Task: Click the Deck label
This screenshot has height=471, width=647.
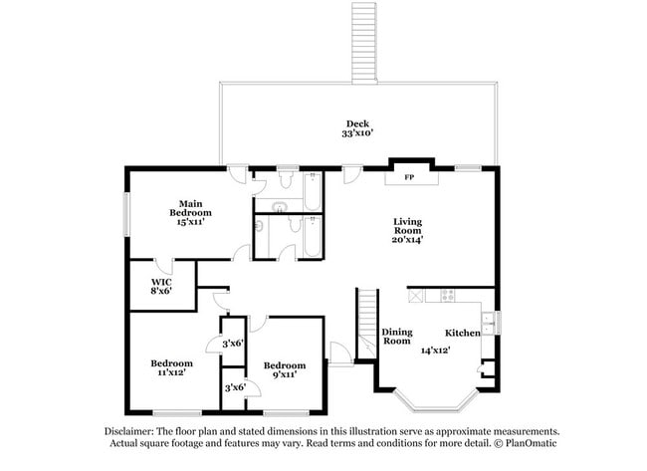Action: [357, 123]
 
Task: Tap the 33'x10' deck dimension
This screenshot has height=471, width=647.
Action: [357, 132]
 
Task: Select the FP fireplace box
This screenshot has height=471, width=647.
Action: [409, 178]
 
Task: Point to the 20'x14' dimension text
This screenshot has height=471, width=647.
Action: [408, 240]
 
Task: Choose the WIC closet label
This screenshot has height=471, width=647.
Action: [160, 281]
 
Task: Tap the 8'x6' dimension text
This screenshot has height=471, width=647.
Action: [160, 291]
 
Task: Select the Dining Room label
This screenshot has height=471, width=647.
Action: [397, 337]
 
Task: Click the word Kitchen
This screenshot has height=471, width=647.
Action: [462, 333]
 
